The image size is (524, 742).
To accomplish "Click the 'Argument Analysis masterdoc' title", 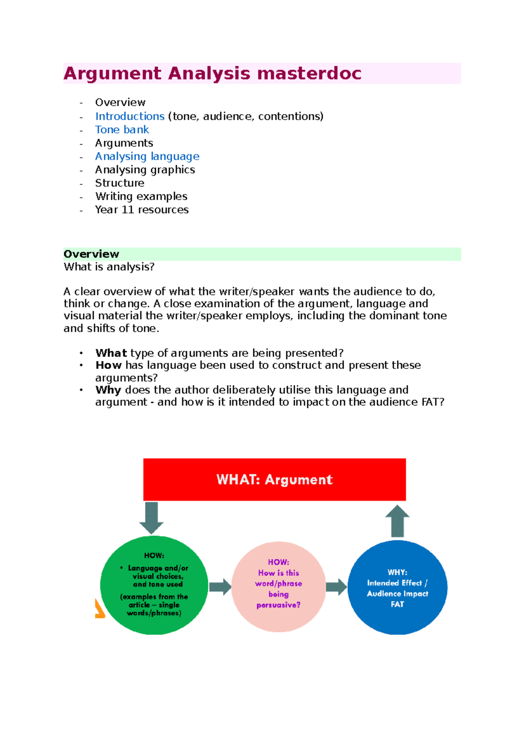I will (212, 73).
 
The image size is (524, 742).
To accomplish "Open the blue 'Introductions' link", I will (130, 116).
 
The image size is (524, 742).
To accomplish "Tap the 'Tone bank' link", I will (122, 130).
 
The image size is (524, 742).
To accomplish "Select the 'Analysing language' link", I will (147, 156).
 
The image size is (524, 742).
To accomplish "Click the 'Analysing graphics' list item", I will (145, 170).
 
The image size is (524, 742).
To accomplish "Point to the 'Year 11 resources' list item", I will (142, 210).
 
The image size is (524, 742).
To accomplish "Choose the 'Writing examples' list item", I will (141, 196).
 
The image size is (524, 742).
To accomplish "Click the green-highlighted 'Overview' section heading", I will (91, 254).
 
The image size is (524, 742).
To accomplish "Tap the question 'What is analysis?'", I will (109, 267).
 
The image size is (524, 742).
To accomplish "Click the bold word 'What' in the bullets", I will (111, 353).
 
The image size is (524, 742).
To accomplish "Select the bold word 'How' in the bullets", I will (108, 365).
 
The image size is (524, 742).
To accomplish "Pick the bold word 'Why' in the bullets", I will (108, 390).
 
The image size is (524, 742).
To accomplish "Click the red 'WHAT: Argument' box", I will (274, 479).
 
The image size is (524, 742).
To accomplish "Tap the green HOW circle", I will (154, 585).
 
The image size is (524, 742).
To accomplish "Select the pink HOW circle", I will (279, 586).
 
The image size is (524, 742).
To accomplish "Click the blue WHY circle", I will (397, 587).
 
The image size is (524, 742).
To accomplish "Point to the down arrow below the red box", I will (152, 518).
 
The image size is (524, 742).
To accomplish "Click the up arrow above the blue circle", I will (397, 521).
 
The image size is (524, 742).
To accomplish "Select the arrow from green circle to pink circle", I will (220, 587).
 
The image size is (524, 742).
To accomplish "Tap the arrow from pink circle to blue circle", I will (336, 587).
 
